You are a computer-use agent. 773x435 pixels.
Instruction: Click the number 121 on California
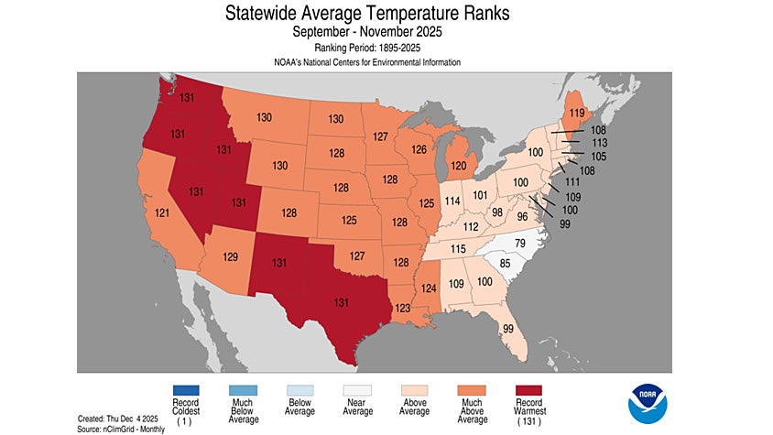tap(162, 212)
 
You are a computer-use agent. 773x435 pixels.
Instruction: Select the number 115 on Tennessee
tap(458, 250)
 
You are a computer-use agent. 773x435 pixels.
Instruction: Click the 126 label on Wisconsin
tap(419, 149)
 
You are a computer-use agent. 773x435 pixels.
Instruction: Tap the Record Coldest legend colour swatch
tap(186, 391)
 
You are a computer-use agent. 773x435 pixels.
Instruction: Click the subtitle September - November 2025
tap(380, 32)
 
